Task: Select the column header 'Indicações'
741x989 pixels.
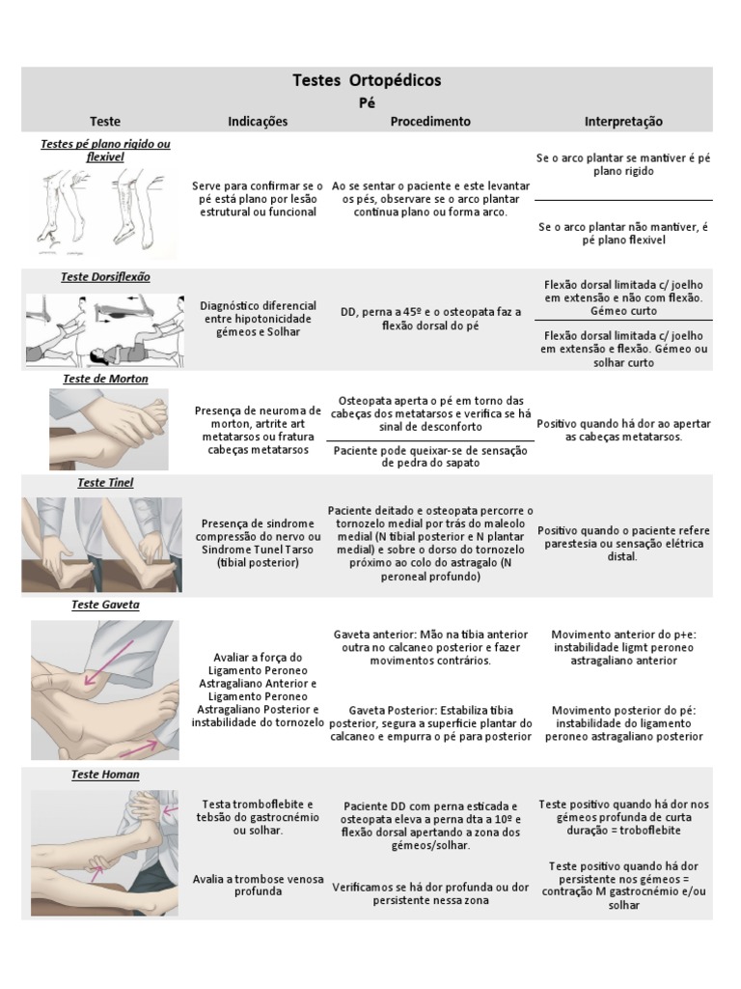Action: tap(258, 122)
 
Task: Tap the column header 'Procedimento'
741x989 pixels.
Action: tap(430, 122)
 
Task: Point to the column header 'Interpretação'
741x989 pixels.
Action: tap(623, 122)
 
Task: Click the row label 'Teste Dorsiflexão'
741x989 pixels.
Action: tap(105, 277)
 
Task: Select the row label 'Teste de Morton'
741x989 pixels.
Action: tap(105, 379)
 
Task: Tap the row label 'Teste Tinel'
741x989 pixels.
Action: tap(105, 482)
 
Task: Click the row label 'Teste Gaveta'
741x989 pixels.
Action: tap(105, 605)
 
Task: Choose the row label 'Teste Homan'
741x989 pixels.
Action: tap(105, 775)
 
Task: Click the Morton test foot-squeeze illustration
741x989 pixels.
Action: tap(108, 429)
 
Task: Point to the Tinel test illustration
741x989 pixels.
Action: tap(102, 545)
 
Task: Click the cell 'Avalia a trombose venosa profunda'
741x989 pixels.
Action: tap(258, 886)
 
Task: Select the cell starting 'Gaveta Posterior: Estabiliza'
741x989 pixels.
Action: tap(430, 723)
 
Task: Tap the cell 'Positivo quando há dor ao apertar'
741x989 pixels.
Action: tap(623, 430)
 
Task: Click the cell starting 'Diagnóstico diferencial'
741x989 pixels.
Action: tap(258, 319)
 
